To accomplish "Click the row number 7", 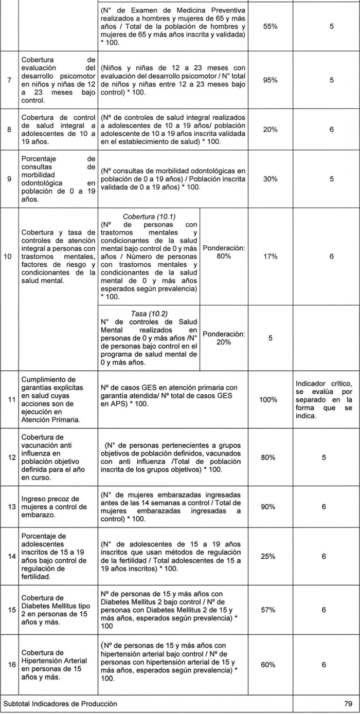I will [x=10, y=80].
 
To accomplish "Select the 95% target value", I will [x=270, y=80].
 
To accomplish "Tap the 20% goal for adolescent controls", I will [x=270, y=130].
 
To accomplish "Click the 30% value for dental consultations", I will [x=270, y=179].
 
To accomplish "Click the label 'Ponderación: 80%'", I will [x=224, y=252].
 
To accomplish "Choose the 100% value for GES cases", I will [x=270, y=399].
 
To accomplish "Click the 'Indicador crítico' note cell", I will [x=324, y=399].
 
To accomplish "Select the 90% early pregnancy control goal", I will [x=270, y=507].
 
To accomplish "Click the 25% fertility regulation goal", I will [x=270, y=556].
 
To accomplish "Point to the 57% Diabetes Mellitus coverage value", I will [x=270, y=610].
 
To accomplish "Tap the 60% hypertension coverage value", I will [x=270, y=665].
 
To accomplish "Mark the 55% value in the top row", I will [x=270, y=27].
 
